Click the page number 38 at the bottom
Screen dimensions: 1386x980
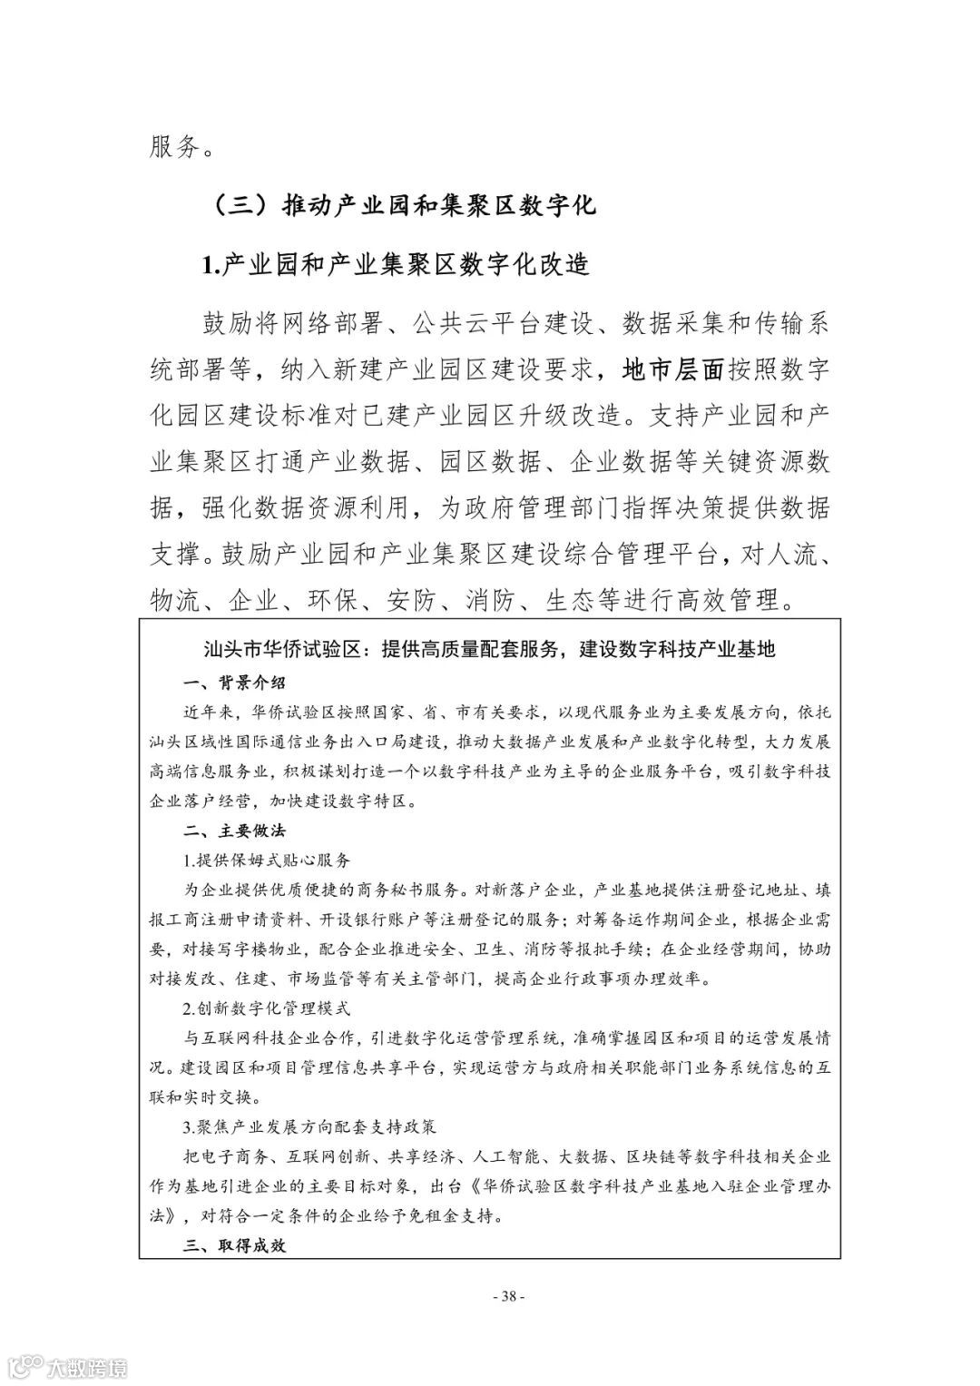[x=507, y=1295]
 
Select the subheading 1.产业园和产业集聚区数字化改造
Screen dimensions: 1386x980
[x=395, y=264]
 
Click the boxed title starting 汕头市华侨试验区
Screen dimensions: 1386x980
[x=489, y=649]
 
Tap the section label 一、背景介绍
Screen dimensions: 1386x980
[x=234, y=683]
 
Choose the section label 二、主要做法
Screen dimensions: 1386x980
[x=234, y=830]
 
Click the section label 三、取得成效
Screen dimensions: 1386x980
[x=234, y=1245]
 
